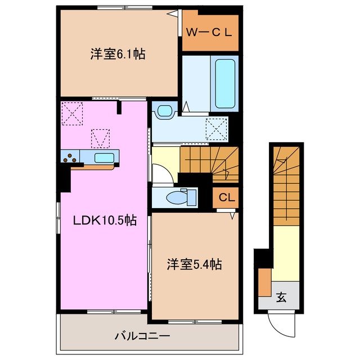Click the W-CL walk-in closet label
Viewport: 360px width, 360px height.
(x=209, y=32)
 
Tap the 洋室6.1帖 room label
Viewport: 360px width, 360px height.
(x=118, y=55)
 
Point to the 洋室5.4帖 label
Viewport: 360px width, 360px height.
(x=193, y=264)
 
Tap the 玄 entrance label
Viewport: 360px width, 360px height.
(x=281, y=298)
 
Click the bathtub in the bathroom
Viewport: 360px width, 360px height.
(x=225, y=83)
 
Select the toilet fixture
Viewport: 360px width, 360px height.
(x=181, y=196)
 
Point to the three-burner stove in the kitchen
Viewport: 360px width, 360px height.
(x=71, y=157)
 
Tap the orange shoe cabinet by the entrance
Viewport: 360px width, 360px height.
(x=264, y=283)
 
